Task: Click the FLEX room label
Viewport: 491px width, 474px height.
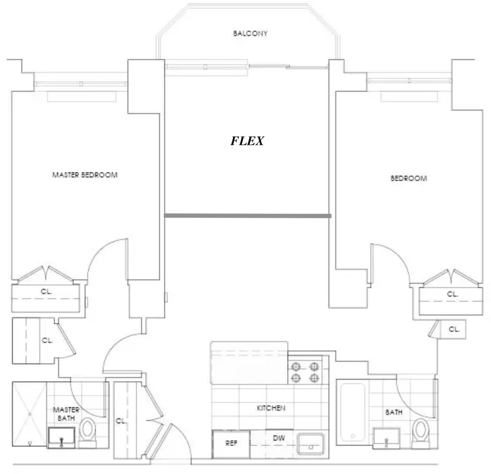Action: tap(247, 141)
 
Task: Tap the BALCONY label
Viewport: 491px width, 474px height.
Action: tap(250, 33)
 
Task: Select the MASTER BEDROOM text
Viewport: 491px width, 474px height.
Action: tap(85, 175)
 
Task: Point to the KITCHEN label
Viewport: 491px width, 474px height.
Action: tap(271, 408)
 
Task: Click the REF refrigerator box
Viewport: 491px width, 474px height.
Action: tap(231, 444)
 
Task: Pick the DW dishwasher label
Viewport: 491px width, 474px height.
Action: tap(279, 438)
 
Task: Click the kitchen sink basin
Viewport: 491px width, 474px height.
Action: tap(311, 444)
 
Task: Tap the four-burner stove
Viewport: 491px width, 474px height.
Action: tap(305, 372)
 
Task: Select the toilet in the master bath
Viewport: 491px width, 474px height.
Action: tap(88, 432)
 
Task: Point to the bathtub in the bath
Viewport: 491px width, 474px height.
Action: tap(353, 412)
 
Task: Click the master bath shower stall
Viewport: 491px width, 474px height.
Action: tap(29, 414)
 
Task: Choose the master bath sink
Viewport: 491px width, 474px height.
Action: tap(61, 438)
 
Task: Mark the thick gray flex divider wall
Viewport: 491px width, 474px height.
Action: tap(248, 216)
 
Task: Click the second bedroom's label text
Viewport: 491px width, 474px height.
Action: tap(409, 178)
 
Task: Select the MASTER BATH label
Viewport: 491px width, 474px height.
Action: tap(66, 414)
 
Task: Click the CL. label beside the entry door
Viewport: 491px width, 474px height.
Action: tap(121, 421)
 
